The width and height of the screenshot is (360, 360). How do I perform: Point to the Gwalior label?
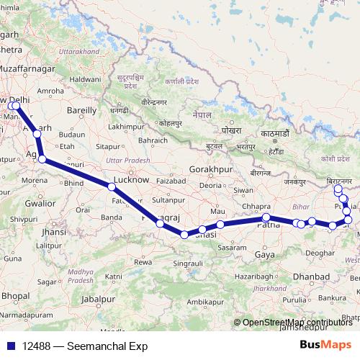(40, 204)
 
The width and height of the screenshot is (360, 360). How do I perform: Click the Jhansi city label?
(54, 232)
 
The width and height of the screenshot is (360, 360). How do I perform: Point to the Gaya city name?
(266, 254)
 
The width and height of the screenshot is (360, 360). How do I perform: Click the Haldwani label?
(85, 78)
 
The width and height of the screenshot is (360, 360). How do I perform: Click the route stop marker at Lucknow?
(112, 186)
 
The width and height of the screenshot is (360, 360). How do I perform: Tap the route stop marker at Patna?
(266, 217)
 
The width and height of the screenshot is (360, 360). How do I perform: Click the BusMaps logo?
(325, 346)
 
